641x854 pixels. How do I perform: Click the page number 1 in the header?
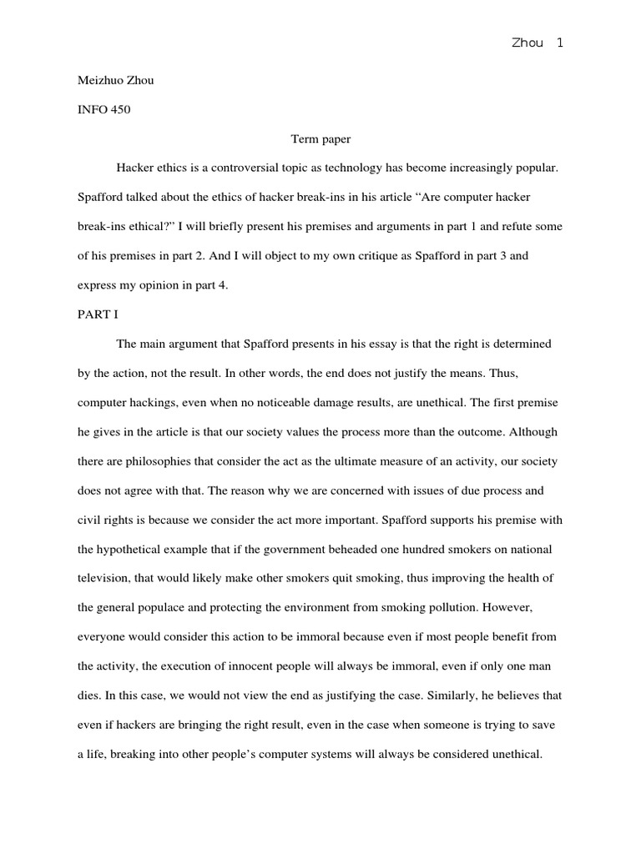559,43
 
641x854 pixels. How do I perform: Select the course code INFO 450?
103,110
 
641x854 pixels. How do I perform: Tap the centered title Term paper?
320,139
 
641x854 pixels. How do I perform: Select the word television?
105,579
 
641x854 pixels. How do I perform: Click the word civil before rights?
91,520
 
